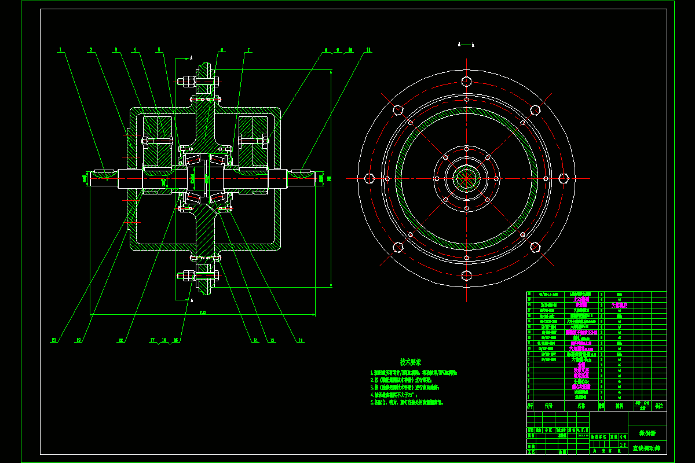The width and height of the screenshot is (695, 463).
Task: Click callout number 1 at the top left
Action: click(x=60, y=50)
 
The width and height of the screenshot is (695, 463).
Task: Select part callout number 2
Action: click(x=91, y=50)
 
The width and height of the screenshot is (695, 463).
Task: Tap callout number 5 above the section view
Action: click(x=159, y=50)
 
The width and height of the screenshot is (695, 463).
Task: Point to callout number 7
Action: click(x=248, y=50)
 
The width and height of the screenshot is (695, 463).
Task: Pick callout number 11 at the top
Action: click(x=368, y=50)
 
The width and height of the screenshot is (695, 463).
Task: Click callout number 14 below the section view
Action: click(x=255, y=340)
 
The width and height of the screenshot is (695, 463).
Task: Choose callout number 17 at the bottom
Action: click(x=153, y=340)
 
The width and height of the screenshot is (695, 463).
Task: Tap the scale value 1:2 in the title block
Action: click(x=623, y=445)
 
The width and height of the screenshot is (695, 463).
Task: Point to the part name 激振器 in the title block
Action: click(x=646, y=433)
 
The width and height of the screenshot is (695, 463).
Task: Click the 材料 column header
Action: click(x=619, y=406)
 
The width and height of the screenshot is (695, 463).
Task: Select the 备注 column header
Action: click(x=659, y=406)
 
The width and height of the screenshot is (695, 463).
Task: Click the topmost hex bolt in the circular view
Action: click(x=466, y=81)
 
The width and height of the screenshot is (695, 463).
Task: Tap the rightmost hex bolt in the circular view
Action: click(x=564, y=178)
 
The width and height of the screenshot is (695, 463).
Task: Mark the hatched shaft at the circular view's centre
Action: click(x=466, y=178)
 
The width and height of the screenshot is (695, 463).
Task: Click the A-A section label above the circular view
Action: click(x=466, y=44)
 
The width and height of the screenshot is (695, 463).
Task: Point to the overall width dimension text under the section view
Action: click(x=202, y=313)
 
